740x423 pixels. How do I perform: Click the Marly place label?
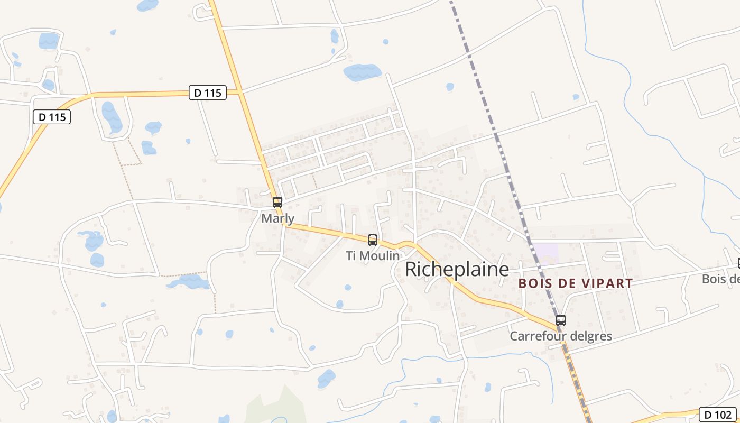(277, 218)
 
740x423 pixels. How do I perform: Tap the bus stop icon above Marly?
(277, 202)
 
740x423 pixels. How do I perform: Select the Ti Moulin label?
(372, 256)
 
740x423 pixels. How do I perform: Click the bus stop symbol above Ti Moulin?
(373, 240)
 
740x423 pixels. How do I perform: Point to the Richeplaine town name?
(457, 269)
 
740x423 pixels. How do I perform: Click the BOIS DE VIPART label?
(575, 283)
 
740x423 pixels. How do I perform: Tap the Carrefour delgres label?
(560, 336)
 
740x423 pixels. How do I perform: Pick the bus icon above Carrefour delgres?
(561, 320)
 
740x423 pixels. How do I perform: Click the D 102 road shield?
(717, 415)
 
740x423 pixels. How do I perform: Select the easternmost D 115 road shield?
(208, 93)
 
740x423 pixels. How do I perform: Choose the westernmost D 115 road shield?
(52, 117)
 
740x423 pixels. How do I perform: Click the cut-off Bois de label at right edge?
(721, 279)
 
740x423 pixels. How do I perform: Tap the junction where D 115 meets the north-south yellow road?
(240, 92)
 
